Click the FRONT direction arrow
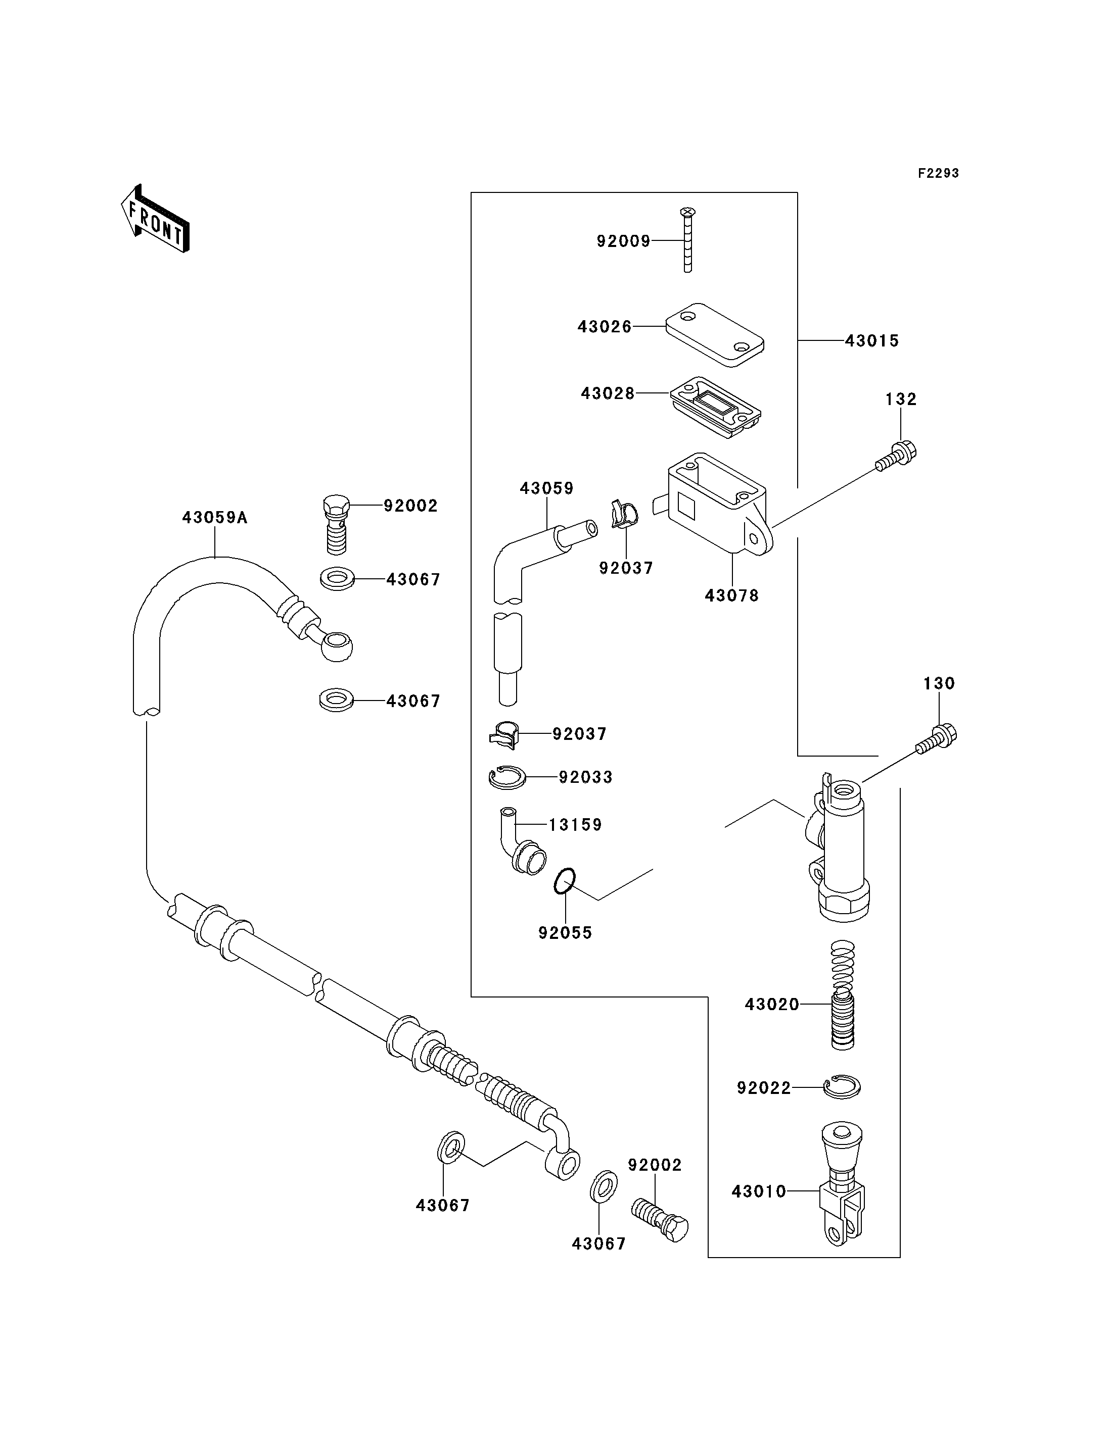click(x=155, y=220)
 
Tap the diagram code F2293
click(x=939, y=173)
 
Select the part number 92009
click(x=623, y=241)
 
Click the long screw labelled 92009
click(x=687, y=240)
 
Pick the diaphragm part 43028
click(x=716, y=407)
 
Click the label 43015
click(x=872, y=341)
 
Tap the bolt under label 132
click(x=896, y=456)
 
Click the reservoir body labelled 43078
click(x=719, y=504)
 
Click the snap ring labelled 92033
click(x=507, y=778)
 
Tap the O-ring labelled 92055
click(x=565, y=881)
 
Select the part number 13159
click(x=576, y=825)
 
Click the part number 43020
click(x=772, y=1005)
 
